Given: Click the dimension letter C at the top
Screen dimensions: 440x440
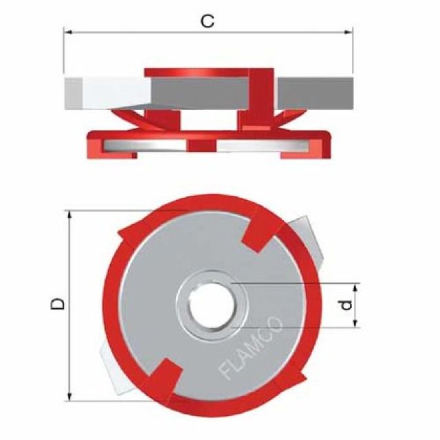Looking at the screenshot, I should click(207, 21).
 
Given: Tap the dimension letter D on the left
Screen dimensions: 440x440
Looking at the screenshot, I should click(60, 303).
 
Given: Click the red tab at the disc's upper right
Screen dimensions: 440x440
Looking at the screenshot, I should click(259, 230).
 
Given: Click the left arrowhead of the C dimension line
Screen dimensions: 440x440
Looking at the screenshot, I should click(67, 31).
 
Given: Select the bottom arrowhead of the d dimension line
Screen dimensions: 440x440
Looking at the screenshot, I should click(356, 324).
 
